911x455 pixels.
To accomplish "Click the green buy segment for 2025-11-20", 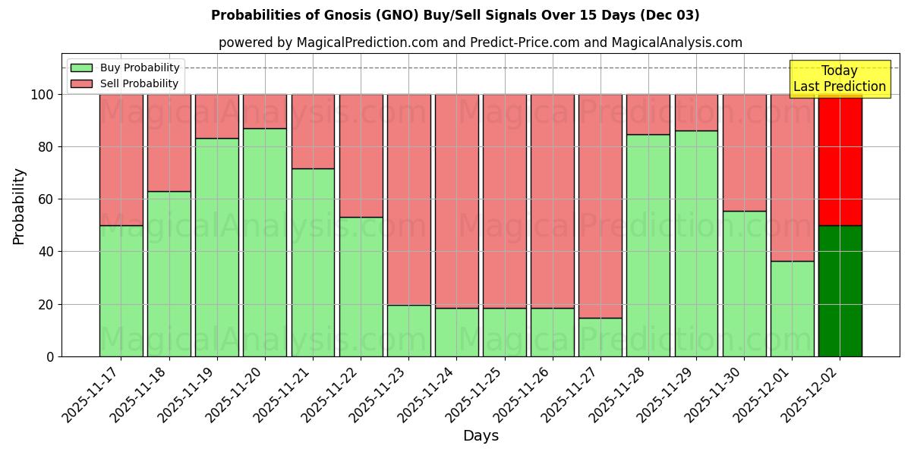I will coord(265,242).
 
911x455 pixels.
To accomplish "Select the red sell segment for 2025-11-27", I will coord(601,206).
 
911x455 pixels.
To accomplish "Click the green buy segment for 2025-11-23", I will coord(409,331).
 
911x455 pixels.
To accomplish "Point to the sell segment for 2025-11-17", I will coord(121,159).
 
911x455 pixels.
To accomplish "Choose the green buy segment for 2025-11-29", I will coord(696,243).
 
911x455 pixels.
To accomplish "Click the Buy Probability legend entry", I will coord(125,67).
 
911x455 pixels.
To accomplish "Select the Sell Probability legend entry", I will coord(125,83).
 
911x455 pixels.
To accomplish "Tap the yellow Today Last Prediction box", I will coord(840,79).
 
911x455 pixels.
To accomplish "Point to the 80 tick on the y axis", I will coord(46,147).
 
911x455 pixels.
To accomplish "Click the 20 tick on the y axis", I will coord(46,304).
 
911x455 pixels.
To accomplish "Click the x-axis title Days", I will coord(481,436).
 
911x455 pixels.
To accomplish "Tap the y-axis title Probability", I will coord(19,206).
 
